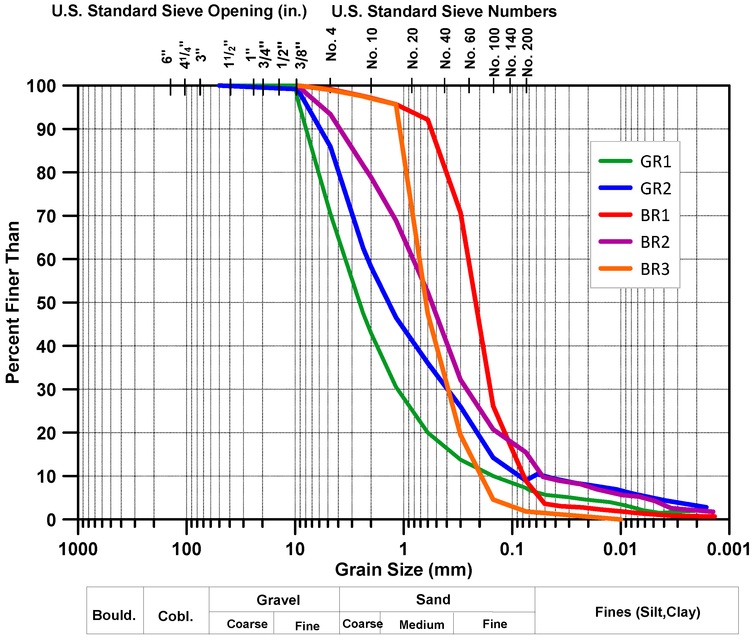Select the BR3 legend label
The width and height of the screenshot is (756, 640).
pyautogui.click(x=655, y=269)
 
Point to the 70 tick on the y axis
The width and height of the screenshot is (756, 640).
pyautogui.click(x=47, y=216)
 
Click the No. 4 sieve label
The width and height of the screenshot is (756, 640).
pyautogui.click(x=331, y=45)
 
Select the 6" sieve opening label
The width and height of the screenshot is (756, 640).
pyautogui.click(x=167, y=57)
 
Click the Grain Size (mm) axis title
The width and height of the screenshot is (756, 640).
pyautogui.click(x=403, y=570)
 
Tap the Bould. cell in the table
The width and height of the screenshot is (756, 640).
pyautogui.click(x=114, y=615)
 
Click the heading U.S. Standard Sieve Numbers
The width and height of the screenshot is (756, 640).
pyautogui.click(x=444, y=12)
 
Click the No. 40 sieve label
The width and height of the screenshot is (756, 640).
pyautogui.click(x=445, y=49)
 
